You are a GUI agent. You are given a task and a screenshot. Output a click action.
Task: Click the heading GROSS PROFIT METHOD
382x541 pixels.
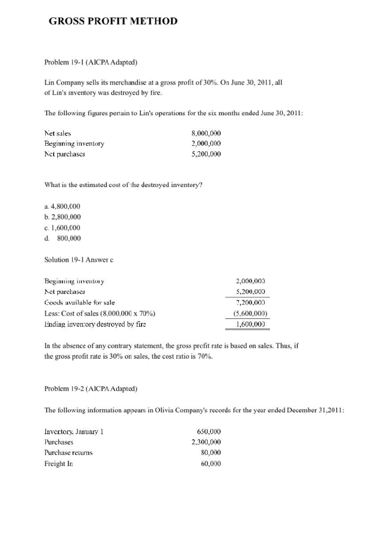point(113,21)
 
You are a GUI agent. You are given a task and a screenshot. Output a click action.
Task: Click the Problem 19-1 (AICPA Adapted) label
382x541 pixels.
point(91,62)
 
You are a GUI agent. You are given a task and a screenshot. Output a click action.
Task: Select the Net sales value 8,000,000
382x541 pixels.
point(206,133)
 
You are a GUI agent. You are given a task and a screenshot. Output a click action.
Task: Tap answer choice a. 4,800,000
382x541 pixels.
point(62,206)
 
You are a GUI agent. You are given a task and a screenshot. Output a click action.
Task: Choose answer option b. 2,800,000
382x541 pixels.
point(63,217)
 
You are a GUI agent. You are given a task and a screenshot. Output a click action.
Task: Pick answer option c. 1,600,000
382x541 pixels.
point(62,228)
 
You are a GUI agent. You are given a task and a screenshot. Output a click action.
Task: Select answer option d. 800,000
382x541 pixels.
point(63,238)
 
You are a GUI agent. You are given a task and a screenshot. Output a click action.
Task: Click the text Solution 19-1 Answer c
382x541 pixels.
point(79,260)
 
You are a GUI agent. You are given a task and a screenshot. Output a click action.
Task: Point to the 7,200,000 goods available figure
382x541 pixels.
point(251,302)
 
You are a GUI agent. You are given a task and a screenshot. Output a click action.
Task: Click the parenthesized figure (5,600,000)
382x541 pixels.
point(250,313)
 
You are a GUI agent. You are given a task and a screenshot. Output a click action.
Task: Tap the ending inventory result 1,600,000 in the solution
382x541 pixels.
point(251,324)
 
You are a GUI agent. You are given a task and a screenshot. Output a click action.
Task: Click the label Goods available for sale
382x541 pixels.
point(80,302)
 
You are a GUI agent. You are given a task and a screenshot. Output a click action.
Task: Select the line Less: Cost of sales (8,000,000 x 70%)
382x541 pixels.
point(100,313)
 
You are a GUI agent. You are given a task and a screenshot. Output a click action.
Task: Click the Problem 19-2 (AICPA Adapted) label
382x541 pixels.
point(91,389)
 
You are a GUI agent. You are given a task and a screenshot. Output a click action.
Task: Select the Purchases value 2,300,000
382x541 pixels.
point(206,442)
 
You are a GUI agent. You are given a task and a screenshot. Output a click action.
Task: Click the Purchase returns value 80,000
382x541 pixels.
point(211,452)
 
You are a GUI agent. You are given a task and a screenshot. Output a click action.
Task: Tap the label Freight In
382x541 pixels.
point(59,464)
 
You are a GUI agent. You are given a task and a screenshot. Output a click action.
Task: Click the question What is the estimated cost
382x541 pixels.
point(124,185)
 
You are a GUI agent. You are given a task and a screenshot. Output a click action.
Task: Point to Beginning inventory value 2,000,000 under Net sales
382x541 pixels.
point(206,143)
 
